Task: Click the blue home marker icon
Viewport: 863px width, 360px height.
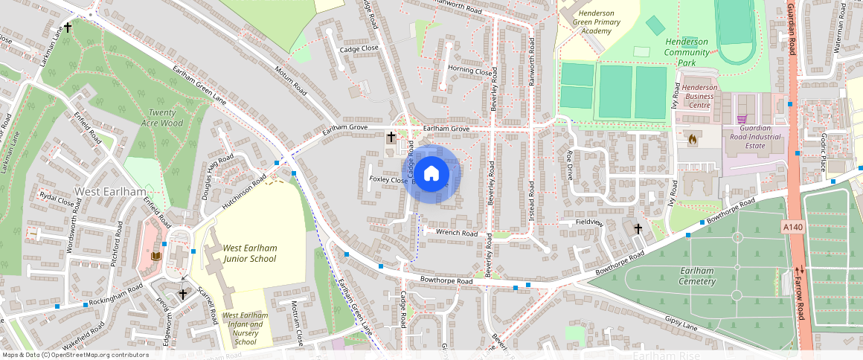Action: tap(431, 174)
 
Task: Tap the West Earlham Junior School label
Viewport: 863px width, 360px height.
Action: tap(249, 254)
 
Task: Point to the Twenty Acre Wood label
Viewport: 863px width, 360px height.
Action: tap(161, 118)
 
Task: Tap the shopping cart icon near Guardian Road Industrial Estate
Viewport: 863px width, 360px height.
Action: tap(741, 119)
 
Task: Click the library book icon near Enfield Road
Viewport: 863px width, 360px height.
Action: tap(155, 257)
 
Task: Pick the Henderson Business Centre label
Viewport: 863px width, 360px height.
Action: tap(700, 96)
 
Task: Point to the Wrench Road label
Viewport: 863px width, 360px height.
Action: tap(457, 233)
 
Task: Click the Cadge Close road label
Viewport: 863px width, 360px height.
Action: tap(359, 49)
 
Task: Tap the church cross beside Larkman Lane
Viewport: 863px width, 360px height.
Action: tap(68, 28)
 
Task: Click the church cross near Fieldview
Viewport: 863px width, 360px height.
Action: tap(638, 228)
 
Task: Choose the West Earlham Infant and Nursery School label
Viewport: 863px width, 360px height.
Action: tap(245, 329)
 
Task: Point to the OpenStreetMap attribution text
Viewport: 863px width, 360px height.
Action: tap(74, 355)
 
